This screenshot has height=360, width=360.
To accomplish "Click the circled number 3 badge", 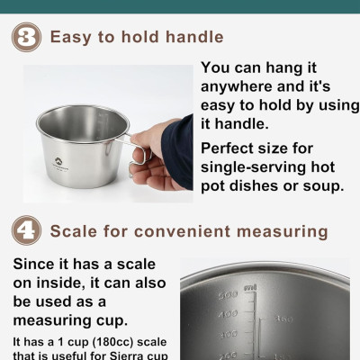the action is [x=26, y=37].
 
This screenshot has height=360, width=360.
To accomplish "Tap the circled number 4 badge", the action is [x=26, y=230].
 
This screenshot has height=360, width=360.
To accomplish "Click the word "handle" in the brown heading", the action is [x=194, y=37].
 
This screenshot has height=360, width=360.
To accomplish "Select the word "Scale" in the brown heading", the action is [x=74, y=231].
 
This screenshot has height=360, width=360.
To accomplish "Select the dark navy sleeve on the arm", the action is [x=177, y=152].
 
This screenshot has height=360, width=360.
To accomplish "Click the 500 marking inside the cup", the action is [x=229, y=295].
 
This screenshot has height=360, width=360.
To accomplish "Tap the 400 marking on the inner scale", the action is [x=229, y=314].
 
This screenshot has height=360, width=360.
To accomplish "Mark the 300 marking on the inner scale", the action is [x=228, y=334].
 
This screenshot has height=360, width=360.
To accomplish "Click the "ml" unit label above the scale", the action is [x=250, y=288].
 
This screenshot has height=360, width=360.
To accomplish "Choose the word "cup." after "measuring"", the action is [x=112, y=321].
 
